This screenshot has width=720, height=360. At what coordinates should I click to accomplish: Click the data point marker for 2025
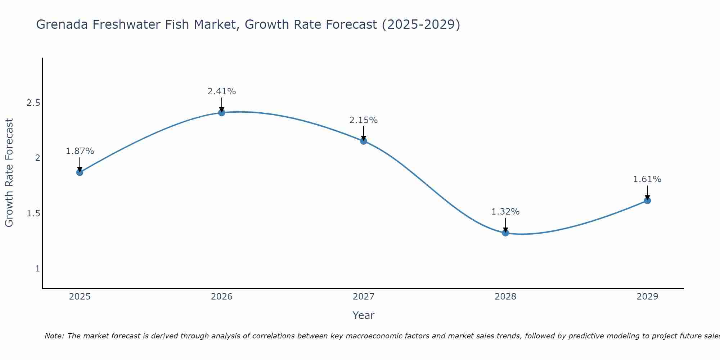point(80,172)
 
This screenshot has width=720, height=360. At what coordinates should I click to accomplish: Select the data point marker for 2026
point(222,113)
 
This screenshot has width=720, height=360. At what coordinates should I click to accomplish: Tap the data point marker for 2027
point(364,141)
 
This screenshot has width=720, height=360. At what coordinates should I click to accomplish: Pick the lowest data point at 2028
point(505,233)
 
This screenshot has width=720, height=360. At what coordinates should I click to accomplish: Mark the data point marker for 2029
point(647,201)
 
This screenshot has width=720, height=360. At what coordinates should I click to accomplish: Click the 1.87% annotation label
point(80,151)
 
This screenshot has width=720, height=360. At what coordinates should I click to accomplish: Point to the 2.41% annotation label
point(221,91)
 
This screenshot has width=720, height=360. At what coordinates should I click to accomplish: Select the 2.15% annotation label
point(364,120)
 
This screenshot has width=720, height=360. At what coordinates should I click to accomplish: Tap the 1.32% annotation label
point(505,212)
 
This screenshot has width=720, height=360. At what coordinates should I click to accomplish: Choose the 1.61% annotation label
point(647,179)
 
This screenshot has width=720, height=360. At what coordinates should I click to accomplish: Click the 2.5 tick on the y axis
point(33,103)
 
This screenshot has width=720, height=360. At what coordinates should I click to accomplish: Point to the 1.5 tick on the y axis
point(33,213)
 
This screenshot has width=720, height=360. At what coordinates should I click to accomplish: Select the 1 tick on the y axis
point(37,269)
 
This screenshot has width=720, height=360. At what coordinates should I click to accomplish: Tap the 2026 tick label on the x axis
point(222,297)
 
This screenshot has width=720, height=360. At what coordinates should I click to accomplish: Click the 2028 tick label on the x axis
point(505,297)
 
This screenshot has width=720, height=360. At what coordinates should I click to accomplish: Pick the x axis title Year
point(364,315)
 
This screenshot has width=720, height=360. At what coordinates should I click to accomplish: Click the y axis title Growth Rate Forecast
point(9,173)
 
